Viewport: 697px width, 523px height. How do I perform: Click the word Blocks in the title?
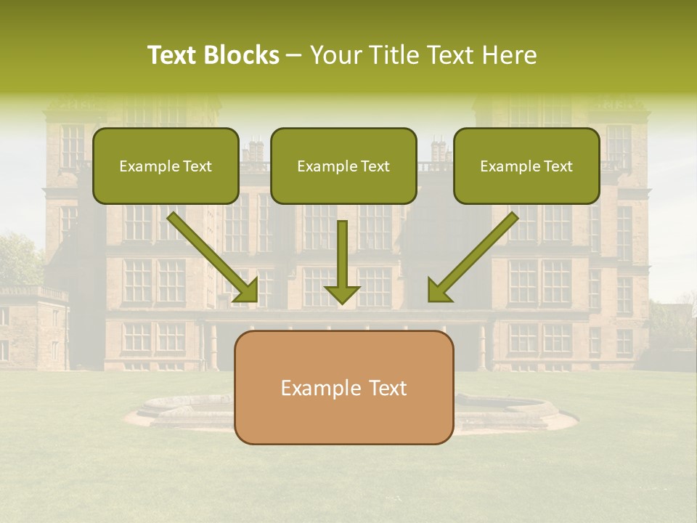click(x=240, y=55)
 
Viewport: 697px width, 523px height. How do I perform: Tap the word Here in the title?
click(x=511, y=55)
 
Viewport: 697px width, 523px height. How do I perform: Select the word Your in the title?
click(x=335, y=55)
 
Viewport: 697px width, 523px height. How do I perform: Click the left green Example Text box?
click(x=166, y=166)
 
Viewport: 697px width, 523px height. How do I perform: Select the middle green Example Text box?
click(x=343, y=166)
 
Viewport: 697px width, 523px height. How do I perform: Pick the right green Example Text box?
click(x=526, y=166)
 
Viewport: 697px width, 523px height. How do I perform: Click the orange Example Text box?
click(x=343, y=387)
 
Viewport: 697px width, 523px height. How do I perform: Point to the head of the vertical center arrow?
click(x=342, y=293)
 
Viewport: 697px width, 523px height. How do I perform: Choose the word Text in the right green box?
click(x=558, y=166)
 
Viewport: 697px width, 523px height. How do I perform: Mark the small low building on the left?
click(x=33, y=327)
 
